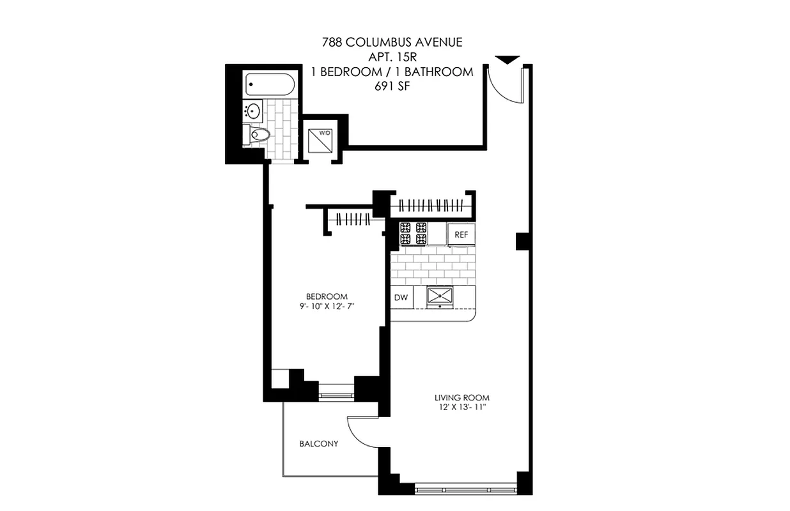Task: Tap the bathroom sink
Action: tap(253, 111)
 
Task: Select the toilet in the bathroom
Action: tap(258, 134)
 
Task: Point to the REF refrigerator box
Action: tap(461, 234)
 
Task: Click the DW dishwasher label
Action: tap(401, 297)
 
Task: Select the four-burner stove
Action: tap(414, 233)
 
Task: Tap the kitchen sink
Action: tap(440, 296)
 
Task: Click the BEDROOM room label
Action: tap(327, 296)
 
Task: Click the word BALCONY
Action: tap(318, 444)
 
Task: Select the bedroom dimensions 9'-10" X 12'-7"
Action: tap(327, 307)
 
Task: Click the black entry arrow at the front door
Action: tap(507, 60)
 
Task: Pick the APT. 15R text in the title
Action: tap(392, 57)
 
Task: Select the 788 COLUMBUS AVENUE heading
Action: tap(392, 43)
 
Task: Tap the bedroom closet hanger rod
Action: tap(350, 220)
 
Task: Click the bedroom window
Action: tap(336, 391)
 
